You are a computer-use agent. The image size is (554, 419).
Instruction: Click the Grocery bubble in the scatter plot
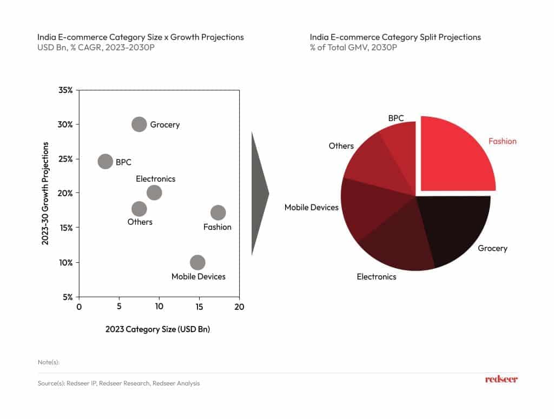[x=139, y=124]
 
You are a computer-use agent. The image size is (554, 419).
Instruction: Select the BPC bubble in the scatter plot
[x=105, y=161]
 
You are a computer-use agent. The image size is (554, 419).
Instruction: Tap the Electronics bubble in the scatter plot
[x=154, y=192]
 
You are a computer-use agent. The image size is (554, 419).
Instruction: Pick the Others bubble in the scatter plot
[x=139, y=209]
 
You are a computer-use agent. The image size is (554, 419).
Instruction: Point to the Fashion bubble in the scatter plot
[x=218, y=212]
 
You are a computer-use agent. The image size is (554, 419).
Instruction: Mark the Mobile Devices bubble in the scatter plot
[x=197, y=263]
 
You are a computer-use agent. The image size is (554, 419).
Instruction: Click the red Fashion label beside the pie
[x=503, y=142]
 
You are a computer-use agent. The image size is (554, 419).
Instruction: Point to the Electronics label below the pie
[x=377, y=277]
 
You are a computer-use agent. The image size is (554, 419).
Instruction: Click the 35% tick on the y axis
[x=65, y=90]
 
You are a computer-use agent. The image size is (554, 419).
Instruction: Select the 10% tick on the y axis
[x=65, y=263]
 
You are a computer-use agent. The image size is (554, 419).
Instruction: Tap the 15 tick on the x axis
[x=199, y=307]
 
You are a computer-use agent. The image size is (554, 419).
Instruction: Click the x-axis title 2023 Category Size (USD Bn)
[x=157, y=329]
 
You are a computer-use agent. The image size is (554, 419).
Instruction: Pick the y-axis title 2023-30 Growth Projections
[x=45, y=194]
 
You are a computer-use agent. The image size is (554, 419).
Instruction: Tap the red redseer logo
[x=501, y=380]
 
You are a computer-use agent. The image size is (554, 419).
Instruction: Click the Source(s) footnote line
[x=118, y=383]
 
